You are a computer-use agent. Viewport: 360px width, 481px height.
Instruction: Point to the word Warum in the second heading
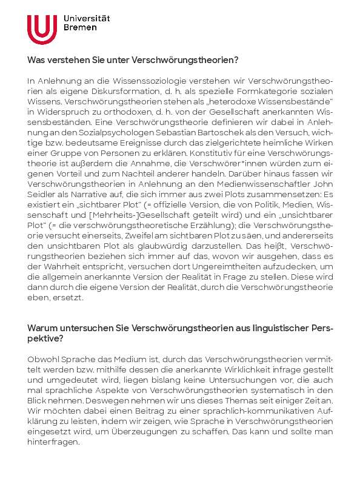[x=41, y=328]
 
